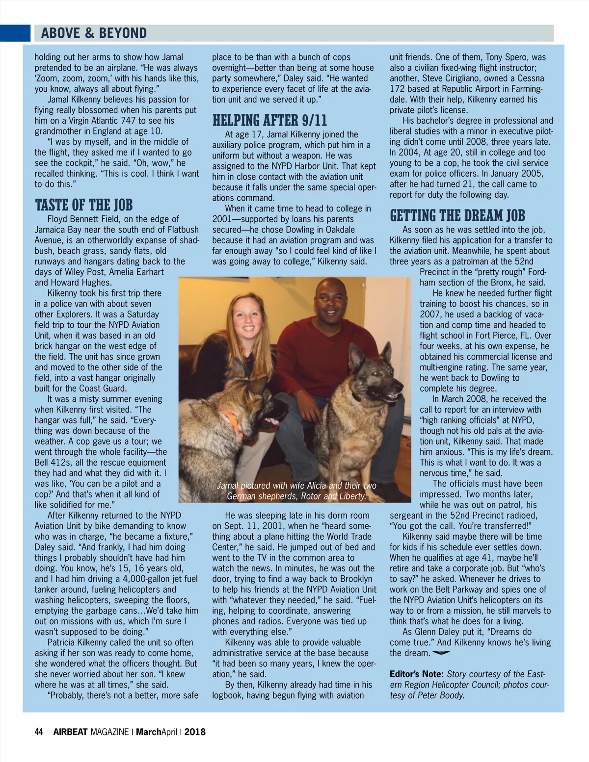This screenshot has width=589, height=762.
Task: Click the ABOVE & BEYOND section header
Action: [94, 33]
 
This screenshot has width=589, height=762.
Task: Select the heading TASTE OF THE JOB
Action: [83, 205]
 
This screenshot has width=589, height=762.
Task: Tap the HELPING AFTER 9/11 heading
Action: [269, 121]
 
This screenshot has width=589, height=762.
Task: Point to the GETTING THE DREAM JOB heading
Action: [457, 216]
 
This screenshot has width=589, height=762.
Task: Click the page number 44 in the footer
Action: [39, 732]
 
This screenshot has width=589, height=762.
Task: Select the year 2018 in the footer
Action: [195, 732]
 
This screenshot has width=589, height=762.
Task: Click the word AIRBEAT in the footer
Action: [70, 732]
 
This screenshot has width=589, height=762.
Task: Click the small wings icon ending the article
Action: [441, 653]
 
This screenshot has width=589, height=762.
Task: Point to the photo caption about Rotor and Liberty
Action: [296, 491]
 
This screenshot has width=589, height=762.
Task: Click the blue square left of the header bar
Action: [15, 33]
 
